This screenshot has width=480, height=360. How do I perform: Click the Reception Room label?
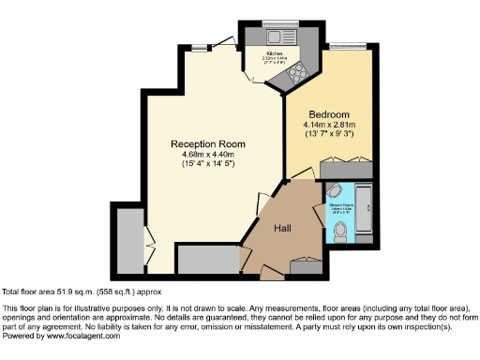point(207,143)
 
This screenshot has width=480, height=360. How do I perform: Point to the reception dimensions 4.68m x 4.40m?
point(207,155)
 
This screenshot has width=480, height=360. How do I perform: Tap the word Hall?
point(282,228)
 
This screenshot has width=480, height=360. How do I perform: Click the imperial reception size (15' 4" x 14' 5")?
point(207,165)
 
